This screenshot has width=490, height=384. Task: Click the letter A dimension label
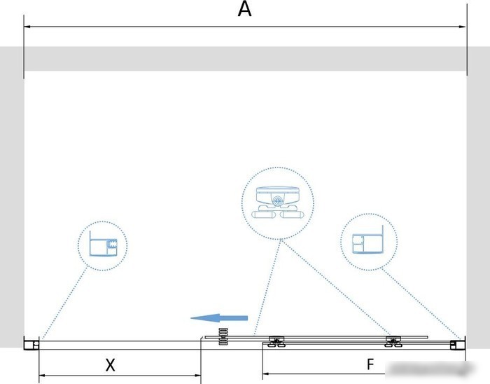[244, 9]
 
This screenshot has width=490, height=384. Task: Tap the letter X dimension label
[110, 365]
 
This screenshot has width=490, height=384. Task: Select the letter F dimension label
[370, 364]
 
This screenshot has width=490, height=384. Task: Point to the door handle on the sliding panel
[223, 336]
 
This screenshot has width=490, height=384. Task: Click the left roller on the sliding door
[276, 341]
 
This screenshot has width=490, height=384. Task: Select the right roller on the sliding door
[393, 341]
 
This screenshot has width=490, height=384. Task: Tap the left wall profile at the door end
[31, 344]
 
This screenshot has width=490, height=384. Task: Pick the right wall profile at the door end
[458, 345]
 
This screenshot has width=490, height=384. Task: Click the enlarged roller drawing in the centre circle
[277, 202]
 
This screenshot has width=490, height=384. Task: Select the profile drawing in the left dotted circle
[103, 244]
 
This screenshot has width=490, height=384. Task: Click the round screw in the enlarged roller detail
[277, 201]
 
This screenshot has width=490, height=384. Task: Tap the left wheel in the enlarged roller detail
[264, 214]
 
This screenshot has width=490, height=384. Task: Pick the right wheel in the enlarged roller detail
[292, 214]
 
